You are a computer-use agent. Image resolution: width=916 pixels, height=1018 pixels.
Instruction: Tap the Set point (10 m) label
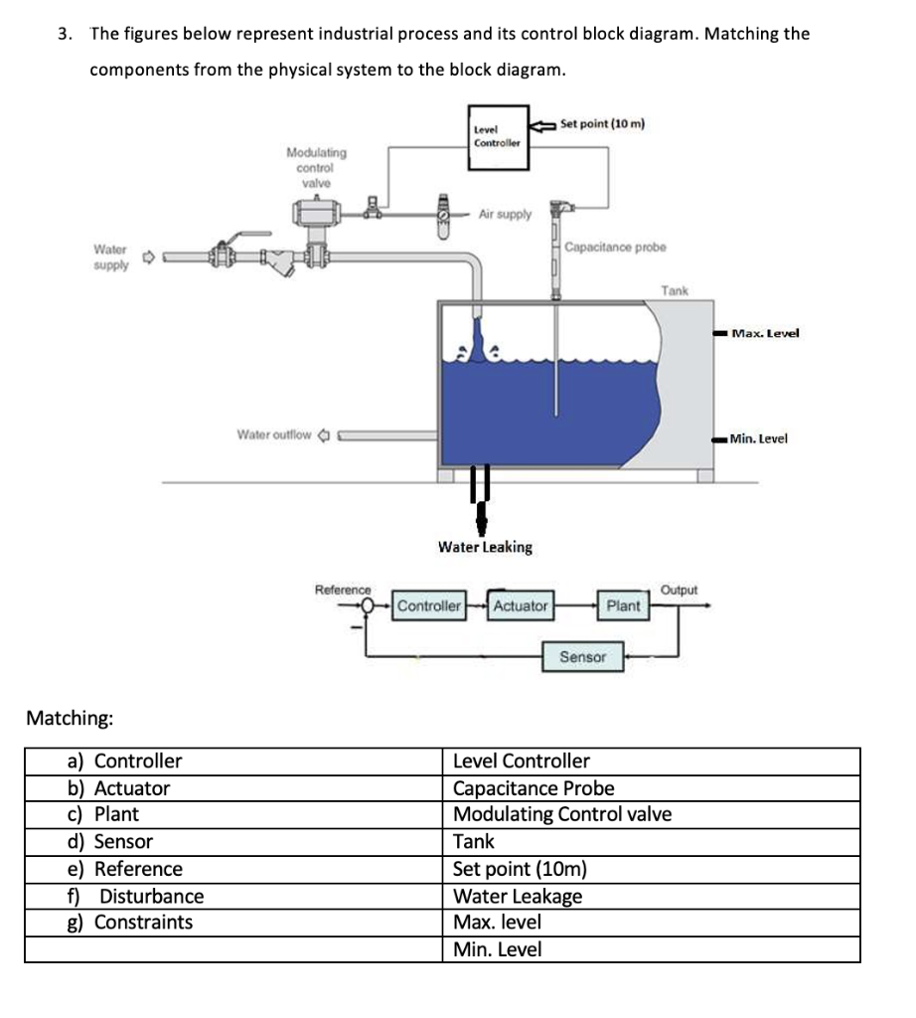point(602,124)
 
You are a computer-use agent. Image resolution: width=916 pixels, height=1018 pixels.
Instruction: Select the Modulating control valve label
point(316,167)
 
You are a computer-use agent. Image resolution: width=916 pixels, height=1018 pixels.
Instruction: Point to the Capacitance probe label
point(615,247)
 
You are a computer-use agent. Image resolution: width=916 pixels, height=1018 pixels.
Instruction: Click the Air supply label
point(505,214)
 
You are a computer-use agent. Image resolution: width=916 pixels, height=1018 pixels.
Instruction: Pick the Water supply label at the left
point(110,258)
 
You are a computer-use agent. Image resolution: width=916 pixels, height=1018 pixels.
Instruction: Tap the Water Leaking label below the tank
point(485,547)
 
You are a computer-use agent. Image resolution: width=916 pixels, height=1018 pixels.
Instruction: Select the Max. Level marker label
point(764,333)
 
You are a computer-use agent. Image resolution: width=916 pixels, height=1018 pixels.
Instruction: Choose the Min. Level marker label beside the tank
point(758,438)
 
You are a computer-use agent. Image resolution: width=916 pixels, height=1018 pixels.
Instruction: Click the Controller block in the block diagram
point(429,605)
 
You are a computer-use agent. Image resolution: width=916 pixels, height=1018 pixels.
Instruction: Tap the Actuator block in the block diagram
point(521,605)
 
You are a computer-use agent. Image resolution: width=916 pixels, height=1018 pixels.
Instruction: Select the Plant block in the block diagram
point(623,605)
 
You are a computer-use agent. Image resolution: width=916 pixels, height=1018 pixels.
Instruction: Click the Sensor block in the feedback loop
point(582,657)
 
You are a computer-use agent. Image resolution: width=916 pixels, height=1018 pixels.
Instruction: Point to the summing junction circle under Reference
point(369,604)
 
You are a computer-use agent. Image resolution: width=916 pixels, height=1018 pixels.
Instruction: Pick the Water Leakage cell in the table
point(518,896)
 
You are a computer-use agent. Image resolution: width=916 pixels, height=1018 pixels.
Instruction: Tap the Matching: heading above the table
point(69,717)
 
